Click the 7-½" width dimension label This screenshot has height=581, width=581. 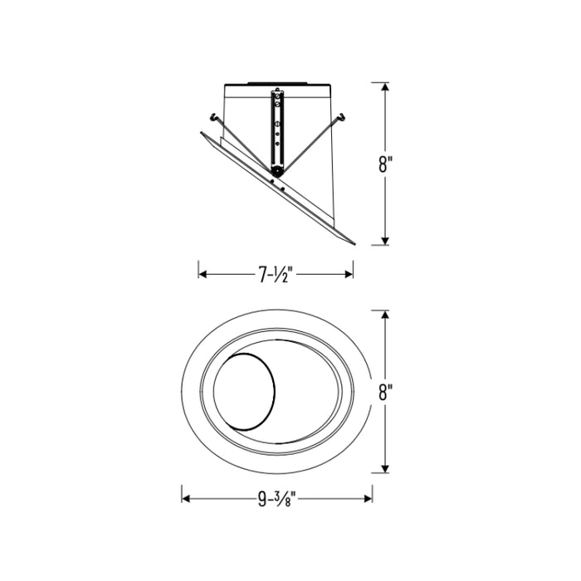coord(276,275)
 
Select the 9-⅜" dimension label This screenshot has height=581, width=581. coord(277,499)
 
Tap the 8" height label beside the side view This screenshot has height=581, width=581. coord(385,164)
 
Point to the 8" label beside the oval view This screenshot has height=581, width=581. coord(385,392)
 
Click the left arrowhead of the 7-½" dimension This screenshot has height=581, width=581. coord(203,274)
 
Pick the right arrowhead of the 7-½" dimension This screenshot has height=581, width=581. coord(349,274)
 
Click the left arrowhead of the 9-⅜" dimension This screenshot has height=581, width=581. coord(186,499)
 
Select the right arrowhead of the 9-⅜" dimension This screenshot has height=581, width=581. coord(369,499)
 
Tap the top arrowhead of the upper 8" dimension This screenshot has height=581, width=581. coord(385,86)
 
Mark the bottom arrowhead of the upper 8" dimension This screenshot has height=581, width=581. coord(385,241)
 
